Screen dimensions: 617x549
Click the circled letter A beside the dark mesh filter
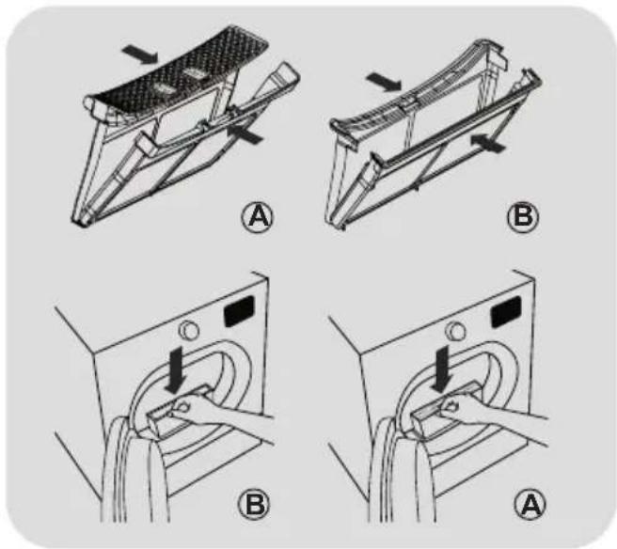point(258,217)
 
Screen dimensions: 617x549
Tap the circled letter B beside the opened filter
point(523,216)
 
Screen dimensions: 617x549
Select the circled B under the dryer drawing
point(254,504)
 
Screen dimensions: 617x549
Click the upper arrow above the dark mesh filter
point(140,54)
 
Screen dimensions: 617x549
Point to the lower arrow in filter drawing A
point(245,133)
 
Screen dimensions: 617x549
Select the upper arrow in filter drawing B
point(384,81)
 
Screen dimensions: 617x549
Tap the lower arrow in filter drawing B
point(487,142)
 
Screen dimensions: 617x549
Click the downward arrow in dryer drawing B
point(175,369)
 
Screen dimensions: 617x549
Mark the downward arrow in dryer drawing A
point(441,369)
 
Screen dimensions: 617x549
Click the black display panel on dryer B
point(239,311)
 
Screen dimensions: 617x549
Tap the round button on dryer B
point(189,330)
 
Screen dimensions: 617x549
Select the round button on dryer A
point(455,330)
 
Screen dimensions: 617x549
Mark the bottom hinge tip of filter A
point(82,223)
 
